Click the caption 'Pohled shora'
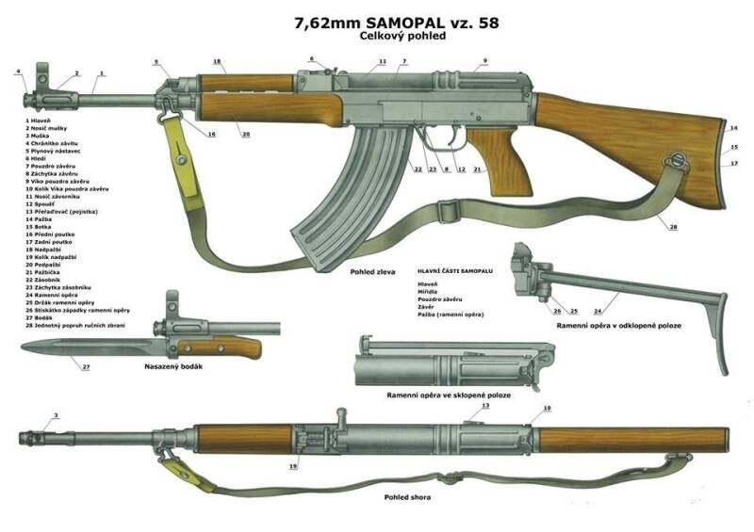point(407,496)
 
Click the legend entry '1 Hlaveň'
point(41,121)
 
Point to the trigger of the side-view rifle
point(436,142)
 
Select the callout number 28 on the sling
point(674,227)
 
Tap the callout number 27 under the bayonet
point(86,366)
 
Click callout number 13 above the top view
point(485,405)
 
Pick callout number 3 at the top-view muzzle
point(55,415)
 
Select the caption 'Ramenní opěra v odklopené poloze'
point(618,325)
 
